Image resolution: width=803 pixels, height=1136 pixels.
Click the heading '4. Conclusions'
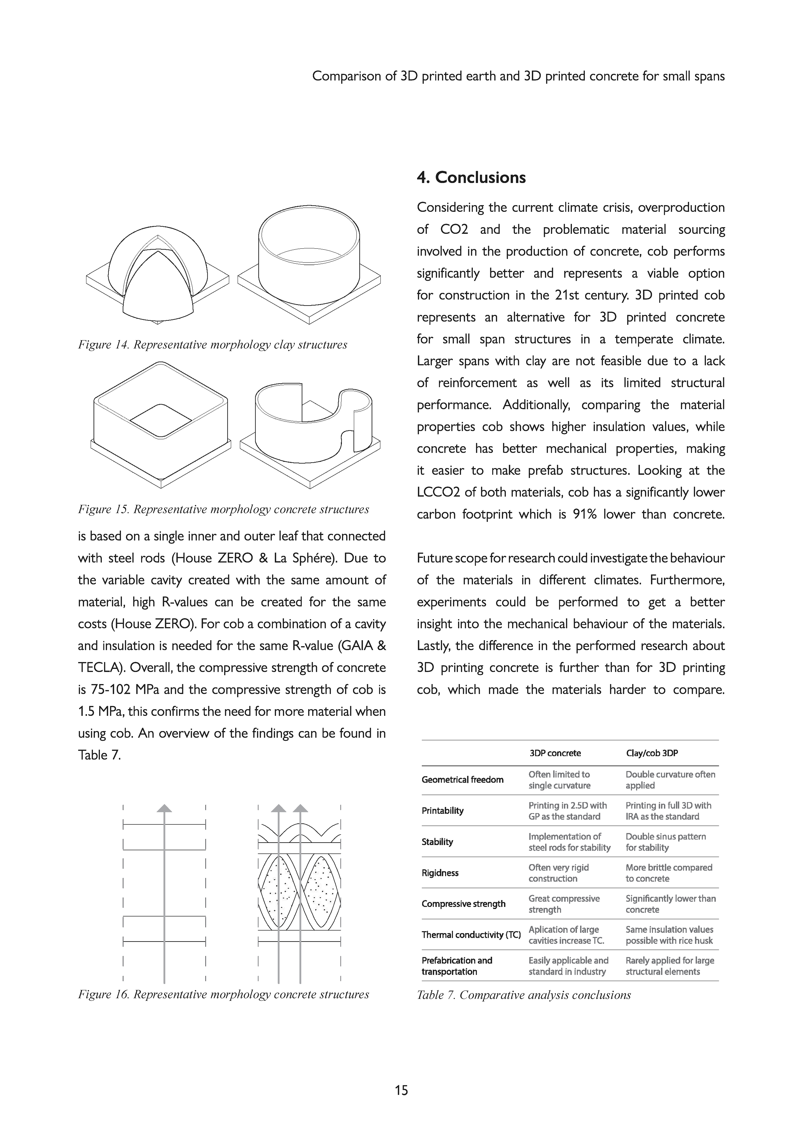471,178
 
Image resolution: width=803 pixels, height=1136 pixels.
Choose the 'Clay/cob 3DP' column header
652,753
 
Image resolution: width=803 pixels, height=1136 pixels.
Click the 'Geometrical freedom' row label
462,780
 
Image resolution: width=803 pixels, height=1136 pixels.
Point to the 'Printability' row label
442,811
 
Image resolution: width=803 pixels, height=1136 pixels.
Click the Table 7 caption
523,995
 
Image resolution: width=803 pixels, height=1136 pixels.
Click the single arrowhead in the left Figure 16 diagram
164,808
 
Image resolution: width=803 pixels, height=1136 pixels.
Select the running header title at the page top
518,76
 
